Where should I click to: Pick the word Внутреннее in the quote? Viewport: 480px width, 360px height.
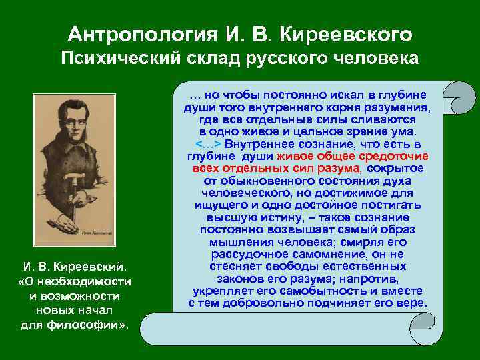coord(257,144)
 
